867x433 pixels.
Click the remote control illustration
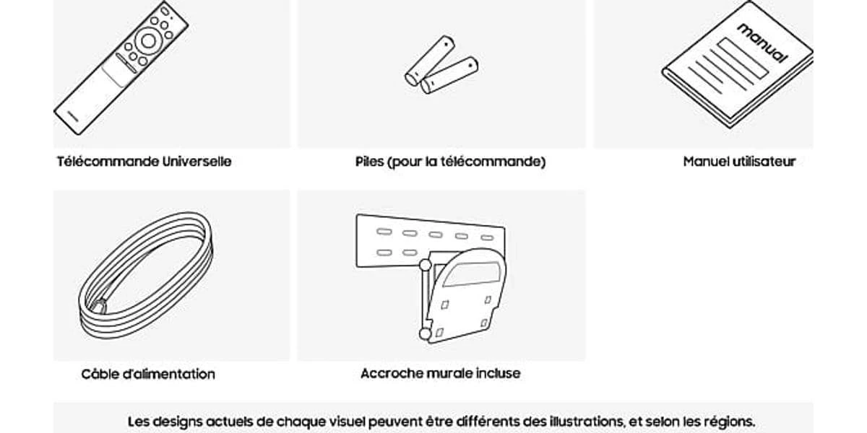click(x=121, y=68)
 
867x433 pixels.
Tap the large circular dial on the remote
click(x=148, y=41)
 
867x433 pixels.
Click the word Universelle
click(x=197, y=161)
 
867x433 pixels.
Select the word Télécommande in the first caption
click(x=108, y=161)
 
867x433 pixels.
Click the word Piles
click(x=369, y=161)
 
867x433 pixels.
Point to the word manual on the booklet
click(x=762, y=43)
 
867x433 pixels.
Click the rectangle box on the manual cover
click(x=743, y=58)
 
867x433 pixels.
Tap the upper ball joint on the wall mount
click(x=425, y=266)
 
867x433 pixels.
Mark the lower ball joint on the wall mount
click(x=425, y=334)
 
